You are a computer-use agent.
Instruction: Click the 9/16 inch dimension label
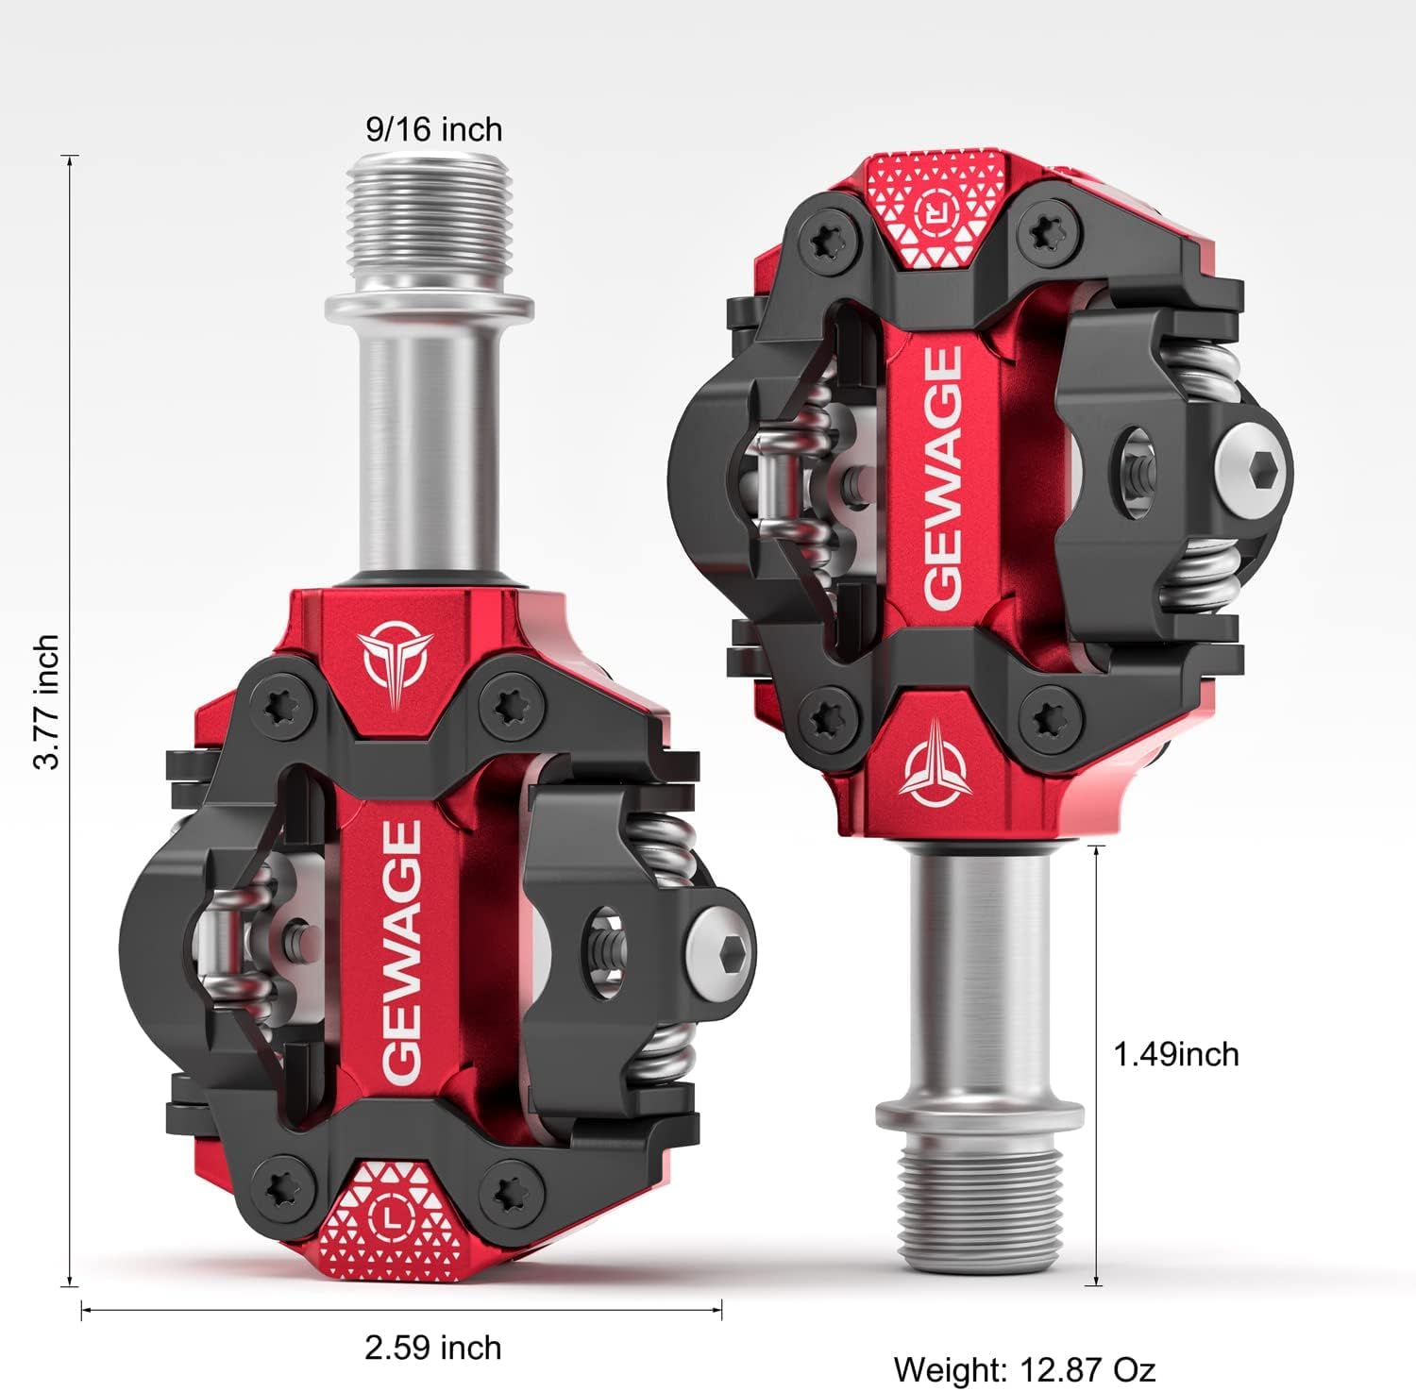(433, 129)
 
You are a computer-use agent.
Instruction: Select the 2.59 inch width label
(432, 1347)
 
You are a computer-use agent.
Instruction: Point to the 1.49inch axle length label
(1175, 1054)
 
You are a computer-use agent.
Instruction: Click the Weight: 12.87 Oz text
(1024, 1368)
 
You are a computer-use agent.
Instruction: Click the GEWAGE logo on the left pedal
(401, 951)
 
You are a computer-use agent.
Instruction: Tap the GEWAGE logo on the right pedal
(942, 477)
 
